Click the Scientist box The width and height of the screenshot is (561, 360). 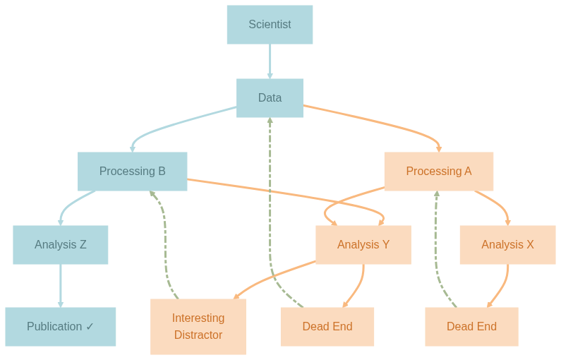coord(270,25)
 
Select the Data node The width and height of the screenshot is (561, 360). coord(270,98)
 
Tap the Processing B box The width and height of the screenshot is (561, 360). coord(132,172)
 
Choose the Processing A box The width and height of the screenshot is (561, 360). coord(438,172)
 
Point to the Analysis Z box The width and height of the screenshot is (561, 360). coord(60,245)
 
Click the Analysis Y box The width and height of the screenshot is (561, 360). coord(363,245)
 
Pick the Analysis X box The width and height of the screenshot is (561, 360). coord(507,245)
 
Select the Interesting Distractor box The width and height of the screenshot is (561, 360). coord(198,327)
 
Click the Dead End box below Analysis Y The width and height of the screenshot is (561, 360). coord(327,327)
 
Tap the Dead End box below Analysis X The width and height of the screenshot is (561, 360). coord(471,327)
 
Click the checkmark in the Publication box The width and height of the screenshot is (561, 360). coord(90,327)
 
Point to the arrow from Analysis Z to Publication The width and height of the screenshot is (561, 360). coord(60,286)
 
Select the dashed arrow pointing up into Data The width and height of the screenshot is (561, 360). coord(270,212)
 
